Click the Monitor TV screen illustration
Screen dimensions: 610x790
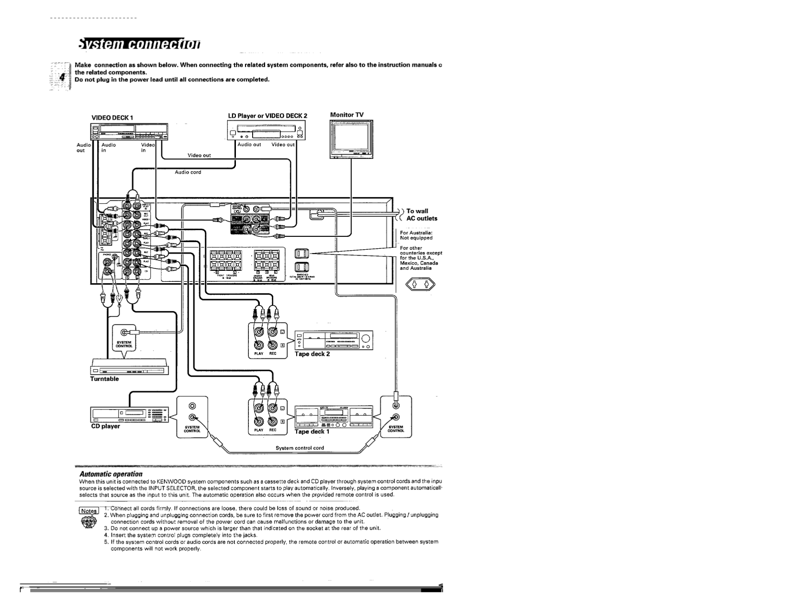[x=352, y=138]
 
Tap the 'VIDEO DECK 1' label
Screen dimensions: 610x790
[x=112, y=117]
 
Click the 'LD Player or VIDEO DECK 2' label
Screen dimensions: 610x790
[x=267, y=116]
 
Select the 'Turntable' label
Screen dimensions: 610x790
[x=104, y=379]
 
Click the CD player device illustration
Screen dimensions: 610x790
[x=129, y=415]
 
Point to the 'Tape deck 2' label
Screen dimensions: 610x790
[x=312, y=354]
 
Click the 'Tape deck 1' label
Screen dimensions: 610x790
[x=312, y=432]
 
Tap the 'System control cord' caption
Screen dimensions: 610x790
[x=300, y=448]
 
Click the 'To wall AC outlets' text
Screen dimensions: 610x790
[x=421, y=215]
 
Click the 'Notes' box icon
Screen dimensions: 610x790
[x=89, y=511]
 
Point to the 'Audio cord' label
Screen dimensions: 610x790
[x=188, y=172]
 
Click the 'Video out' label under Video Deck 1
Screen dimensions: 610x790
[x=199, y=155]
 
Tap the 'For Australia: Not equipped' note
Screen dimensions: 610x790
[x=416, y=235]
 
